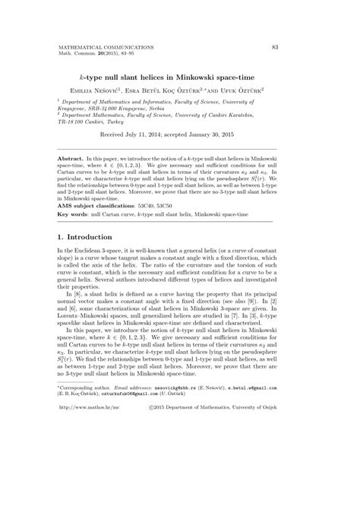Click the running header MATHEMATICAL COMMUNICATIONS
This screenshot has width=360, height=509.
(x=106, y=47)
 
